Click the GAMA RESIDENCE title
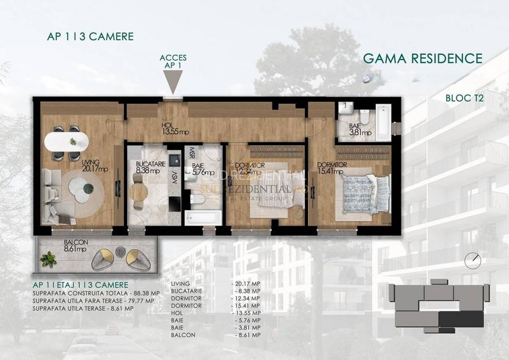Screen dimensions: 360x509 [422, 59]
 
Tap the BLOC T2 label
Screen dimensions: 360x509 [464, 98]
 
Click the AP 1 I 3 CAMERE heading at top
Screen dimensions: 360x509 [90, 36]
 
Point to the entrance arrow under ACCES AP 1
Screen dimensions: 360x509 [173, 82]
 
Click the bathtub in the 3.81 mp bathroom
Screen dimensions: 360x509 [382, 121]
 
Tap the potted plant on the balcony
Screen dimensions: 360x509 [49, 259]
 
